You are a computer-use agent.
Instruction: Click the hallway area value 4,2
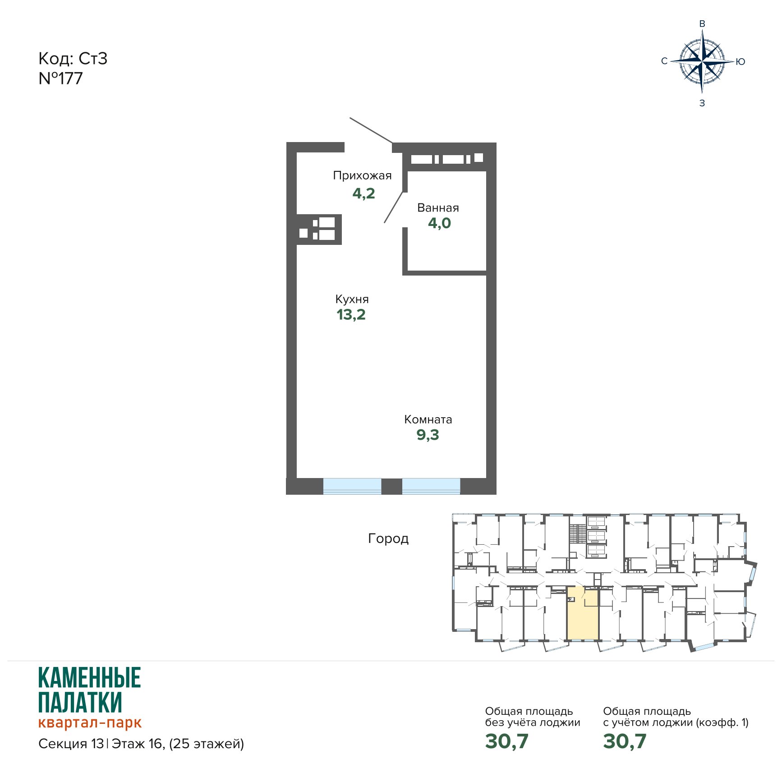coord(363,194)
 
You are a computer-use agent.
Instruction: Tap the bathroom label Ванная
coord(438,208)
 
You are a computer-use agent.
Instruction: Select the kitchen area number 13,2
coord(351,315)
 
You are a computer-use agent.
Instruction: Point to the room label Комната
coord(428,419)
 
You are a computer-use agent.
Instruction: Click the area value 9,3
coord(428,435)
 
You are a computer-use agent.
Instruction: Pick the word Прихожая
coord(362,175)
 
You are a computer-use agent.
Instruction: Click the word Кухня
coord(352,299)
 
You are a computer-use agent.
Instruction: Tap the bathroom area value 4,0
coord(439,223)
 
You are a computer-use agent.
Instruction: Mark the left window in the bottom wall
coord(352,486)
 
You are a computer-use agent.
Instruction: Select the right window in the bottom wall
coord(431,486)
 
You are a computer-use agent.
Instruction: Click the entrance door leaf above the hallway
coord(371,131)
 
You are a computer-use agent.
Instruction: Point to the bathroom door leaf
coord(393,207)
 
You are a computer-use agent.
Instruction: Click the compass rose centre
coord(702,61)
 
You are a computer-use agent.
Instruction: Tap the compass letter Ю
coord(740,62)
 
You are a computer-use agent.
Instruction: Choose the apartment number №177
coord(61,78)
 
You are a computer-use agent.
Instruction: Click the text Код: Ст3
coord(73,59)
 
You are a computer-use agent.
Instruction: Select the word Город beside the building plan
coord(388,538)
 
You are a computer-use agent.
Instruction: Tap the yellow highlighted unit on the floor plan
coord(583,614)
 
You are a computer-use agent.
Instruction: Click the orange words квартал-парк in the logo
coord(90,723)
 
